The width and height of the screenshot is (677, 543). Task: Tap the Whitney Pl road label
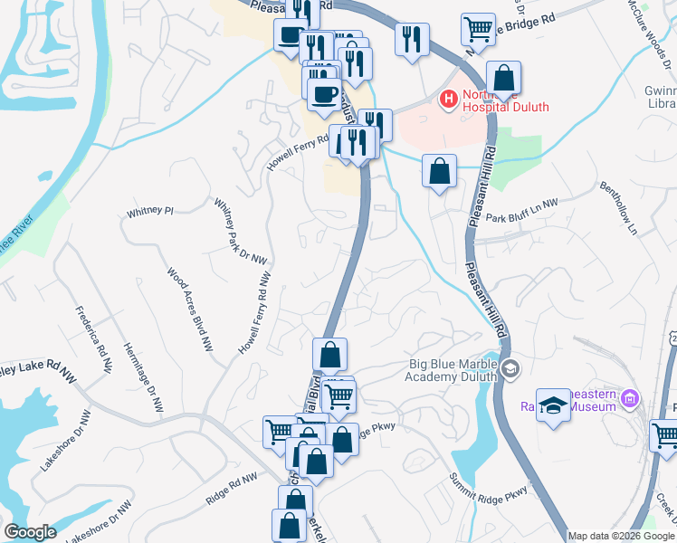click(149, 212)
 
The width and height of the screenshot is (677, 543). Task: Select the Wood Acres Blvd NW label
click(190, 309)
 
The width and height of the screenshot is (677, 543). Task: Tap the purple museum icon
click(632, 398)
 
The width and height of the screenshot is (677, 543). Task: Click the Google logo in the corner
click(30, 532)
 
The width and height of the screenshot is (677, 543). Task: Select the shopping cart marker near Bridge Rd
click(478, 28)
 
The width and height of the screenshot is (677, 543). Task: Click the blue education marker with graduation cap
click(553, 405)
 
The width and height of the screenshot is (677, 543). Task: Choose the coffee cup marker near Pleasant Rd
click(291, 36)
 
